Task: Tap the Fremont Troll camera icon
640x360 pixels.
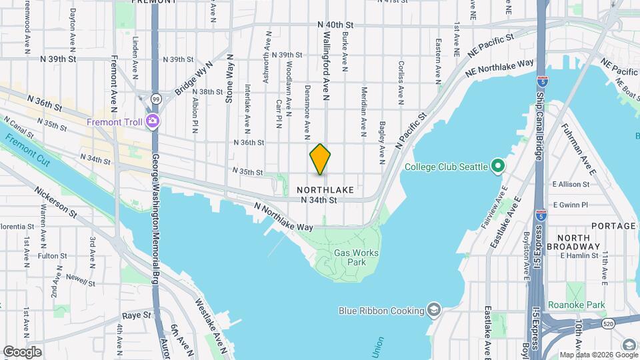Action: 153,121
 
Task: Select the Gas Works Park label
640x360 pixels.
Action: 356,257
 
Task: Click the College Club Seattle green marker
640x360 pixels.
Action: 497,165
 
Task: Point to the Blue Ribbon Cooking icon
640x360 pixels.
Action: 434,310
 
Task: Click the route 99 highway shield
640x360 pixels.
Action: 154,99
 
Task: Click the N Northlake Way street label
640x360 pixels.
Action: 283,218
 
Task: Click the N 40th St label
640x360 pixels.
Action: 336,25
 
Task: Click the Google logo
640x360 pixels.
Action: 23,351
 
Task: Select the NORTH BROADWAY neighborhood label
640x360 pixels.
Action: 573,243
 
